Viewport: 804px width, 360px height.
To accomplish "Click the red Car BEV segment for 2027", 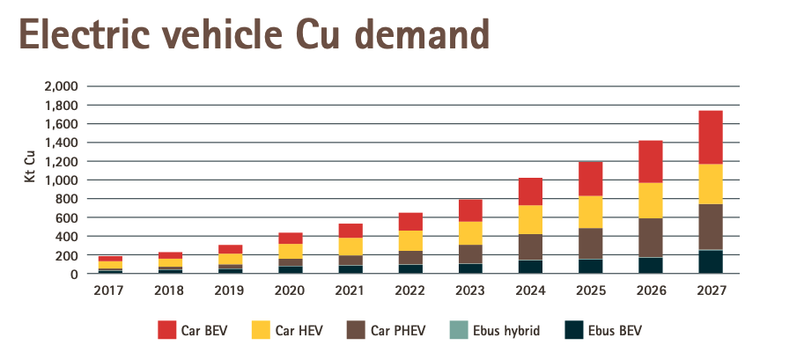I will [x=710, y=137].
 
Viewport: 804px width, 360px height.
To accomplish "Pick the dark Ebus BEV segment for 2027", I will [x=710, y=262].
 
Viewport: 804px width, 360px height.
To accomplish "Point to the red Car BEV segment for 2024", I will [x=530, y=191].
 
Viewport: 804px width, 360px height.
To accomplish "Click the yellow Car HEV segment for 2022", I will [x=410, y=240].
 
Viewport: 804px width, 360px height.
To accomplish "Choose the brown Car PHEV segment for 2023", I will [x=470, y=253].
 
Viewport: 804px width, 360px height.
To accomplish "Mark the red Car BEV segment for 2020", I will [x=291, y=238].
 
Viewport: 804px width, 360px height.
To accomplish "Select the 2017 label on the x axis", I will [x=111, y=290].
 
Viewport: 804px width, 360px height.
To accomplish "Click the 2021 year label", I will [x=350, y=290].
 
